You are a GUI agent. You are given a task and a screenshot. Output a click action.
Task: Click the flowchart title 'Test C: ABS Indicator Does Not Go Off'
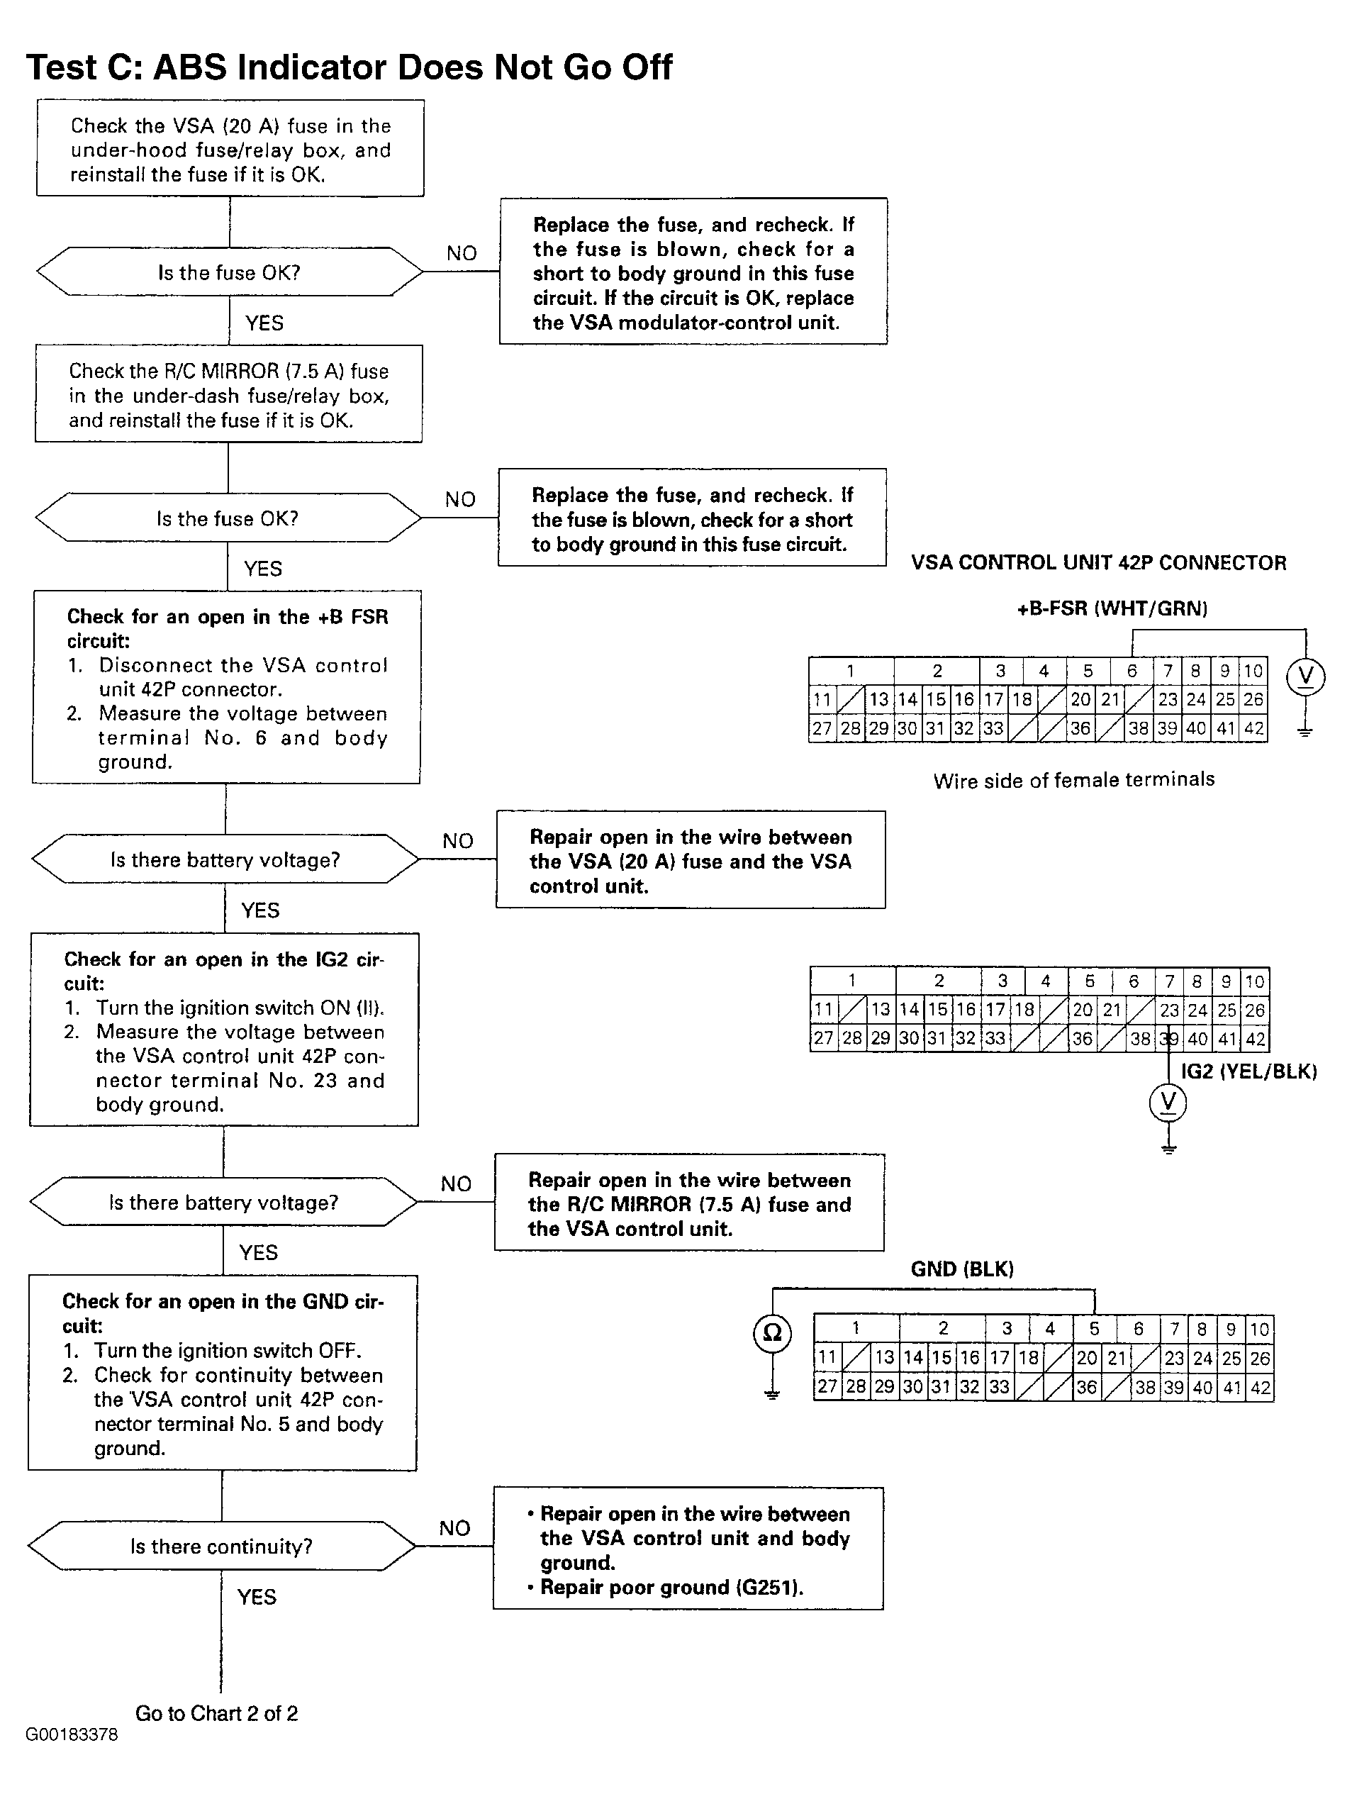tap(350, 67)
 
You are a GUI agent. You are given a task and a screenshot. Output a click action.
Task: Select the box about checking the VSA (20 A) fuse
tap(230, 148)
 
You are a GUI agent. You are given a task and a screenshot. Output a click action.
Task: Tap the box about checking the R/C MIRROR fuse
tap(229, 394)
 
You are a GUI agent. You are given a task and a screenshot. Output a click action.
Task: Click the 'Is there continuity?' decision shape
tap(221, 1546)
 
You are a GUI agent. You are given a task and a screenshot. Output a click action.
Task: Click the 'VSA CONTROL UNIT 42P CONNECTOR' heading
tap(1098, 563)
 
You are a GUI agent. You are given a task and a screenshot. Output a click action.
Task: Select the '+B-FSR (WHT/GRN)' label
tap(1112, 608)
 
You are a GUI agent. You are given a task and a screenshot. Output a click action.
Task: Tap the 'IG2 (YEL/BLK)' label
tap(1249, 1071)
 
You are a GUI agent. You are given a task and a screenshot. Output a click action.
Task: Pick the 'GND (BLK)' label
tap(963, 1269)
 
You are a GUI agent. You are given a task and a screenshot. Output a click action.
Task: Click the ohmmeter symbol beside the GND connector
tap(773, 1332)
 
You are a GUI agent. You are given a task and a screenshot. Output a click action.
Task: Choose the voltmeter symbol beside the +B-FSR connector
tap(1306, 676)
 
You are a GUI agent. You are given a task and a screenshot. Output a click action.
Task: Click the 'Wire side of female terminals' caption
tap(1074, 780)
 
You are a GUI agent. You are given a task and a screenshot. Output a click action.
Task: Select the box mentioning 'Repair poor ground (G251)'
tap(688, 1548)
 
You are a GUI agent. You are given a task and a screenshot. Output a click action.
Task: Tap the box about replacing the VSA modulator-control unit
tap(693, 272)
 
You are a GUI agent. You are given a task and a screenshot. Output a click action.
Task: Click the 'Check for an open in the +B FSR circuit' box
tap(226, 687)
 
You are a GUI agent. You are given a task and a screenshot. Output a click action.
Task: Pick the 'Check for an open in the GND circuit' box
tap(222, 1373)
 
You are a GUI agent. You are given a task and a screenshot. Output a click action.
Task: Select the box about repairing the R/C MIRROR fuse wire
tap(689, 1203)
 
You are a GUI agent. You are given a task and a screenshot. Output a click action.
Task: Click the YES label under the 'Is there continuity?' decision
tap(257, 1597)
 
